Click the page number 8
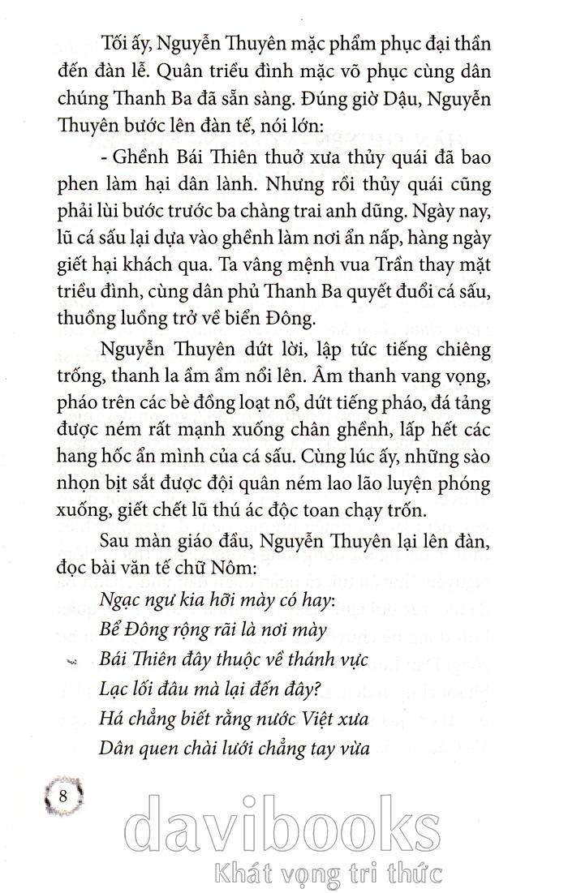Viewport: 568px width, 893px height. point(63,795)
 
